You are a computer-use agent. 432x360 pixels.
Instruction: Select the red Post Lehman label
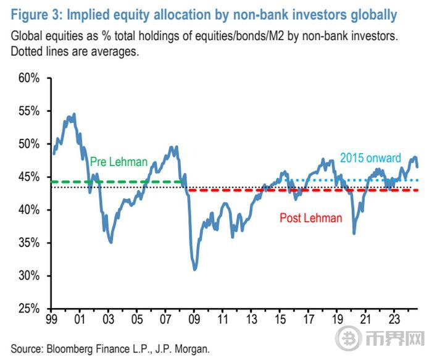pos(310,218)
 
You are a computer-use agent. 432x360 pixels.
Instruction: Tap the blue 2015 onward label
pos(370,159)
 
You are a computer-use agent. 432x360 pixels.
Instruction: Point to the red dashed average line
pos(309,190)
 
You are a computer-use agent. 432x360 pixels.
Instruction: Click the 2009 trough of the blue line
pos(195,269)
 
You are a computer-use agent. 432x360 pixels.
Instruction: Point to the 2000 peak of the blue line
pos(74,114)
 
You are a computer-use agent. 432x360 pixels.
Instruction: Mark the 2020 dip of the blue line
pos(354,233)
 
